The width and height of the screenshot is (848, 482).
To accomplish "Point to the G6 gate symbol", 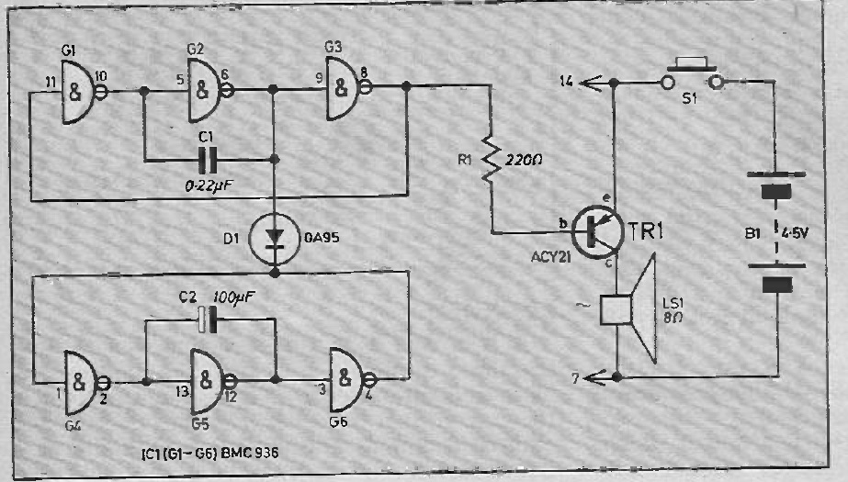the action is [349, 379].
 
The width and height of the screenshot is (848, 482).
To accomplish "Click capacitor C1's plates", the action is [207, 160].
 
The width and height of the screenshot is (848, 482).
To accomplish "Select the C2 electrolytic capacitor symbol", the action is [206, 319].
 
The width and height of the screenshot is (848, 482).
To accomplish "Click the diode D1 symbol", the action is [274, 239].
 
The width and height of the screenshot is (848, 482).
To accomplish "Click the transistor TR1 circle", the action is [597, 231].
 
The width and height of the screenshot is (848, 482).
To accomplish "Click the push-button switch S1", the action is [692, 75].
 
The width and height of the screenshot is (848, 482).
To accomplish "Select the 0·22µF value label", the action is [209, 185].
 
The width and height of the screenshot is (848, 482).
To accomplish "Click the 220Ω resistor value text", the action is [524, 160].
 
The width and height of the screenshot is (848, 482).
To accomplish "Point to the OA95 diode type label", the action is [322, 238].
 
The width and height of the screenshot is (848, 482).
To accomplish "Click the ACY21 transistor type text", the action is [550, 257].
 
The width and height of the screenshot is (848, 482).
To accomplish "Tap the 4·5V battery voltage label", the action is [795, 234].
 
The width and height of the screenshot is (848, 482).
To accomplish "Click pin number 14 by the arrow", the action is [566, 82].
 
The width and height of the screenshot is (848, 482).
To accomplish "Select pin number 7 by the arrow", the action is [575, 378].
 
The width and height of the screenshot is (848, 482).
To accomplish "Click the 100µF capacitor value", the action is [234, 297].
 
